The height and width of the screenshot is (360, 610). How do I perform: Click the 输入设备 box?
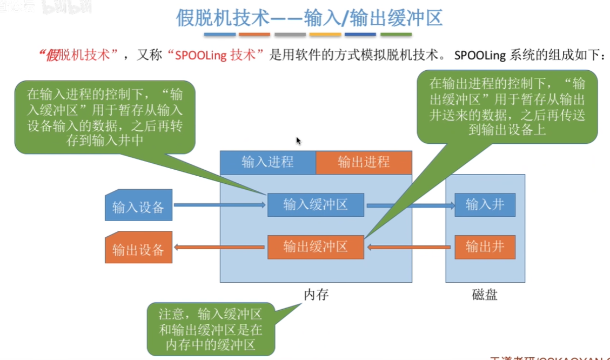138,205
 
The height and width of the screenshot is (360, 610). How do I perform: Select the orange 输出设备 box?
138,248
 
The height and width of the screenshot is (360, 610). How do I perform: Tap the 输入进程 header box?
267,162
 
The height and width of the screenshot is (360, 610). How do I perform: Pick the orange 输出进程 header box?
364,162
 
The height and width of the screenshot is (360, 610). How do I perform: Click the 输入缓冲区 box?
316,204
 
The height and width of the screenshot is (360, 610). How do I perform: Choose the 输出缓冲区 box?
316,247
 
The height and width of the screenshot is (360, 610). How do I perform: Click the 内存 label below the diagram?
316,295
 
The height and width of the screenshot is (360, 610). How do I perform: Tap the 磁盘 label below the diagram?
485,295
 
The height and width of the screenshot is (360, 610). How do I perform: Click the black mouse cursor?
298,141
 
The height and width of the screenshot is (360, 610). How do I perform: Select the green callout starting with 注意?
211,329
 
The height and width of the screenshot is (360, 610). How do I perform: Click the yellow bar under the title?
325,35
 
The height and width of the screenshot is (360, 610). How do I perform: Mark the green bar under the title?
396,35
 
